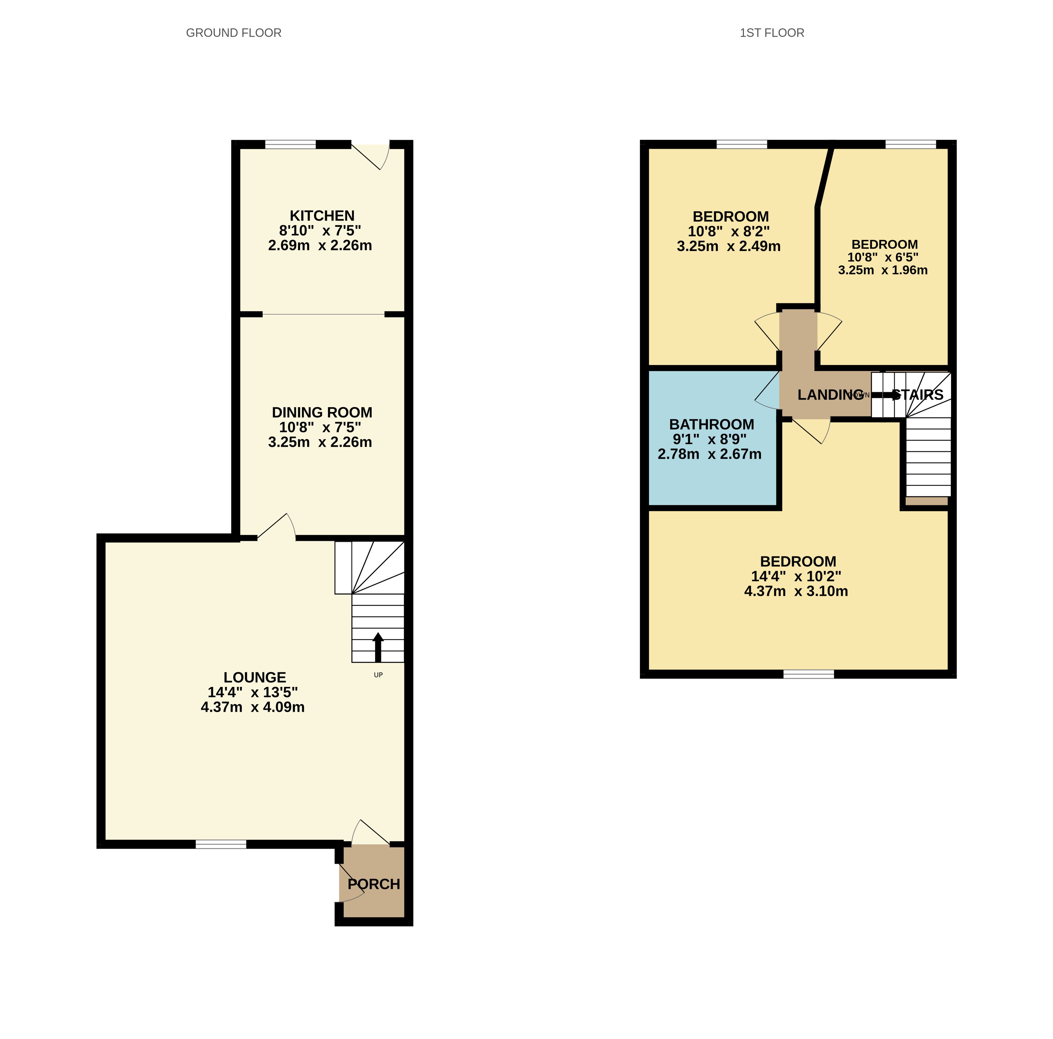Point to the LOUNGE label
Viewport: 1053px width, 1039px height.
pyautogui.click(x=254, y=677)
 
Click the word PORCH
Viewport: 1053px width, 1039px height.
pyautogui.click(x=374, y=884)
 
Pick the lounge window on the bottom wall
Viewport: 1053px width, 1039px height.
pyautogui.click(x=221, y=844)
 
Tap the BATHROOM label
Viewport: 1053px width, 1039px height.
pyautogui.click(x=711, y=424)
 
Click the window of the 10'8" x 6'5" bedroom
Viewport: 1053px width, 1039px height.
pyautogui.click(x=910, y=144)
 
